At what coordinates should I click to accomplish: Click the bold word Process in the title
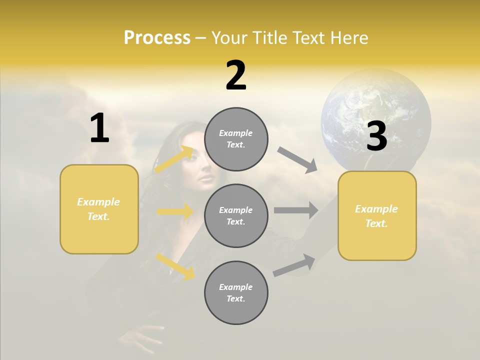click(157, 38)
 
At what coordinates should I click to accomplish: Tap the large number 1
click(99, 128)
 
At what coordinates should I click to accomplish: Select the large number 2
click(236, 75)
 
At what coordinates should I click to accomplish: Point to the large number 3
click(376, 136)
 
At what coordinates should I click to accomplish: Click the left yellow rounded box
click(99, 209)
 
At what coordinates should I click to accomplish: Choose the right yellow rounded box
click(377, 216)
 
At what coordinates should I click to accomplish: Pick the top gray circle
click(236, 139)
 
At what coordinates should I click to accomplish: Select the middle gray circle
click(236, 216)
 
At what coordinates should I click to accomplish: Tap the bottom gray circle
click(236, 293)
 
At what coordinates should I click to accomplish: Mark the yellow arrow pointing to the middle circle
click(175, 212)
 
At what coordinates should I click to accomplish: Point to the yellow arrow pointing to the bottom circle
click(175, 266)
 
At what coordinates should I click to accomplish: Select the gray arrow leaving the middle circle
click(296, 210)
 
